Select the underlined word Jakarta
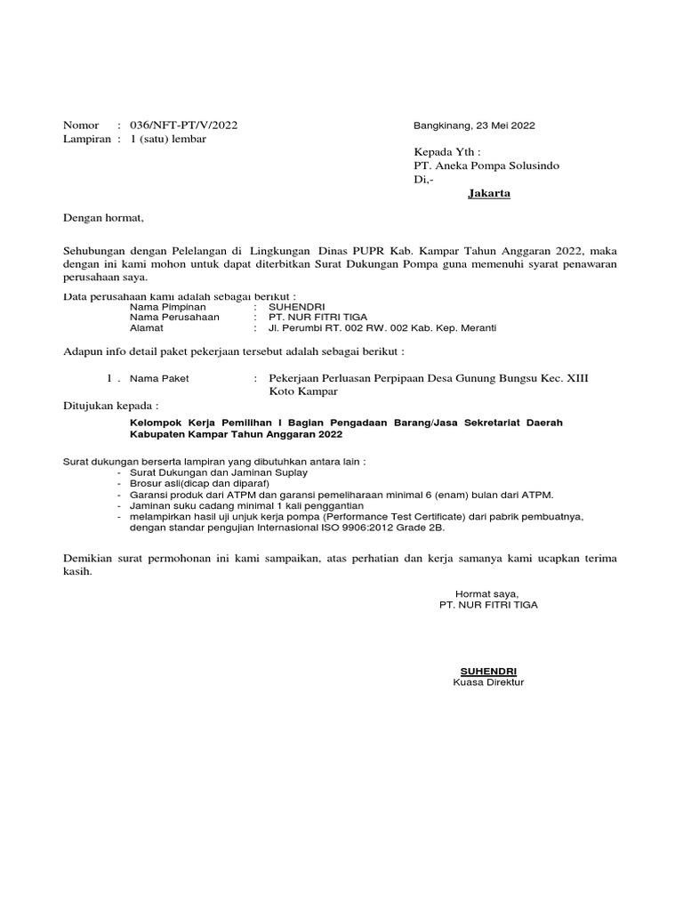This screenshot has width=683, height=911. point(489,194)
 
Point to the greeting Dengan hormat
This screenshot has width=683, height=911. point(103,218)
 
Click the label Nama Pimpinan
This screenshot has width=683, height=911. point(168,306)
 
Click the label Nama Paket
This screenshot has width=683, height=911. point(159,378)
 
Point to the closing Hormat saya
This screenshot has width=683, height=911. point(486,593)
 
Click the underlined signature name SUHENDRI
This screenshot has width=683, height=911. point(487,671)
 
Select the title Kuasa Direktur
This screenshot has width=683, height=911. point(488,682)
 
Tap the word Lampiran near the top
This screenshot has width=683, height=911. point(86,139)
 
